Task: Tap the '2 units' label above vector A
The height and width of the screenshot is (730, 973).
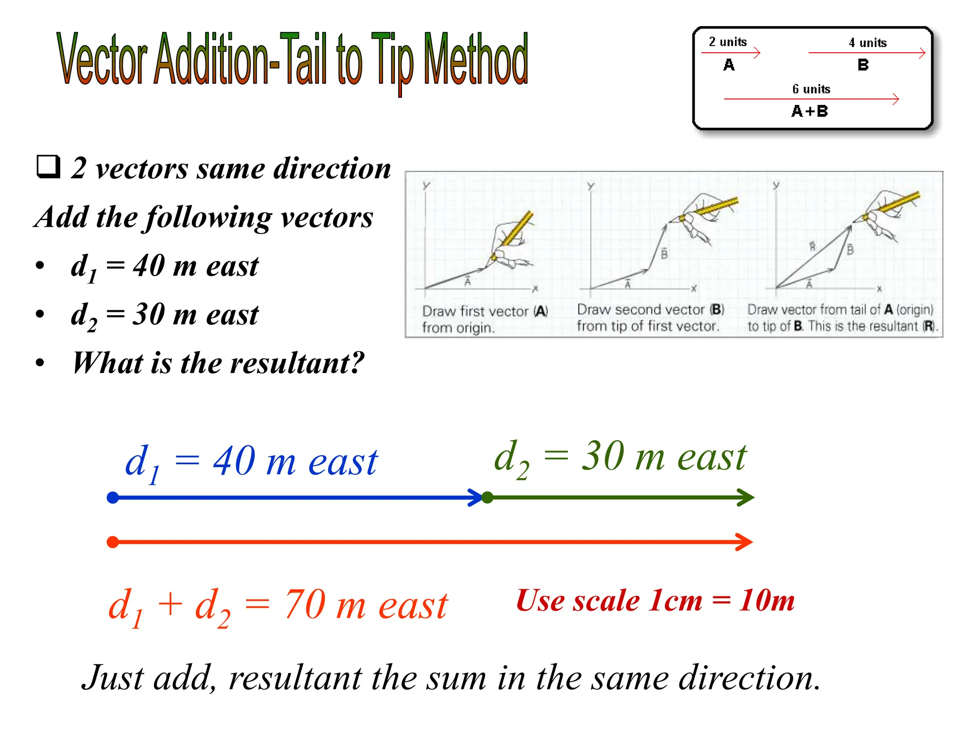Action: click(727, 42)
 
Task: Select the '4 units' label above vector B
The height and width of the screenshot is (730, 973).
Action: click(868, 43)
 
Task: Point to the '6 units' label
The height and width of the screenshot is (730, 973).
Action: click(811, 89)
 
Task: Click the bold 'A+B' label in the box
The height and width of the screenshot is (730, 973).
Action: click(810, 111)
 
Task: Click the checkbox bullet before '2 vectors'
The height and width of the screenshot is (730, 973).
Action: click(48, 167)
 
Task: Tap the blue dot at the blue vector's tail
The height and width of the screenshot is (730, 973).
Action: click(113, 498)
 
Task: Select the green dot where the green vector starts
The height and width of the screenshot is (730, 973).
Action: click(487, 498)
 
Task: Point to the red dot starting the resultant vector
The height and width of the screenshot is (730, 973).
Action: click(113, 542)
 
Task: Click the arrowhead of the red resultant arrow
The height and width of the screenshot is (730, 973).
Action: click(745, 542)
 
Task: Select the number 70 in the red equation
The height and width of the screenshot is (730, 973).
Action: click(305, 605)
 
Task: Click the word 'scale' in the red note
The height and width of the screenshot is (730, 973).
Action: click(607, 601)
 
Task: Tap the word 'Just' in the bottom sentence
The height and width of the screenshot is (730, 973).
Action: click(113, 678)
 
